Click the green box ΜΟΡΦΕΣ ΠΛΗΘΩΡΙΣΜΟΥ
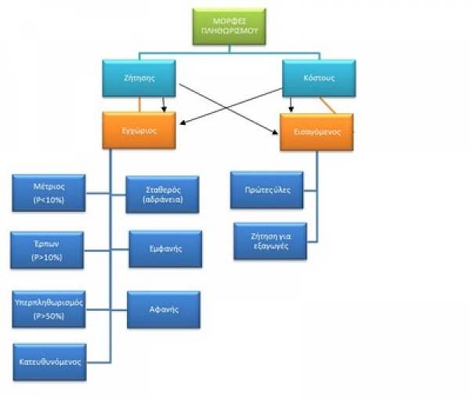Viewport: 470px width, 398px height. point(228,27)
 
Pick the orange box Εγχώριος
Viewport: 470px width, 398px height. point(139,130)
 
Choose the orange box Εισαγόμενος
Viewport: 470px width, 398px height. point(316,133)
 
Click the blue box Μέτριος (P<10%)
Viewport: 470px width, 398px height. point(49,193)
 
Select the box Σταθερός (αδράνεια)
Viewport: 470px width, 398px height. point(163,195)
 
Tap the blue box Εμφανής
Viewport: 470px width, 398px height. point(164,249)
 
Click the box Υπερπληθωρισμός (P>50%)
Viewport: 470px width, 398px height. point(49,309)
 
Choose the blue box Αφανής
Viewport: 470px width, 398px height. point(164,309)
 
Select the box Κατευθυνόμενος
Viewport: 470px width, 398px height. point(49,363)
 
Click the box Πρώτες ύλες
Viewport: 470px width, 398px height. point(266,190)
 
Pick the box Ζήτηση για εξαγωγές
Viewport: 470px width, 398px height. point(269,240)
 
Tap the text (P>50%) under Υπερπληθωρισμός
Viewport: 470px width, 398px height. point(49,316)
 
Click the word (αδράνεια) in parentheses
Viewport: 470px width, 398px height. point(163,200)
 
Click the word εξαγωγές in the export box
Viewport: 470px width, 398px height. point(269,246)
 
